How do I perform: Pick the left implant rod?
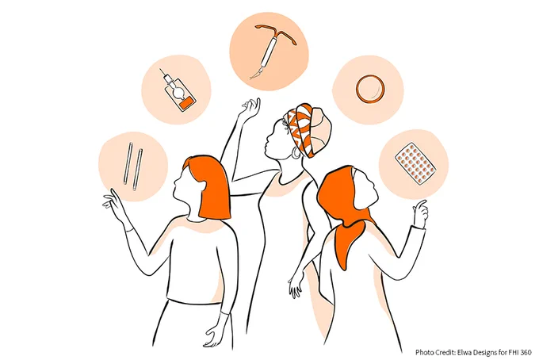128,163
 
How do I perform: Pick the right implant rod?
137,170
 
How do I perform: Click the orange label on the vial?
186,102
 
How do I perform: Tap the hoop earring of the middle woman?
295,153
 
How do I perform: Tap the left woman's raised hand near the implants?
114,205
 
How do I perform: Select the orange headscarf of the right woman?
345,214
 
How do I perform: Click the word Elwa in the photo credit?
464,352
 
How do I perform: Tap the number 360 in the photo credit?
526,352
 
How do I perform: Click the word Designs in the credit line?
484,353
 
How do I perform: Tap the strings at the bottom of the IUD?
254,74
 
